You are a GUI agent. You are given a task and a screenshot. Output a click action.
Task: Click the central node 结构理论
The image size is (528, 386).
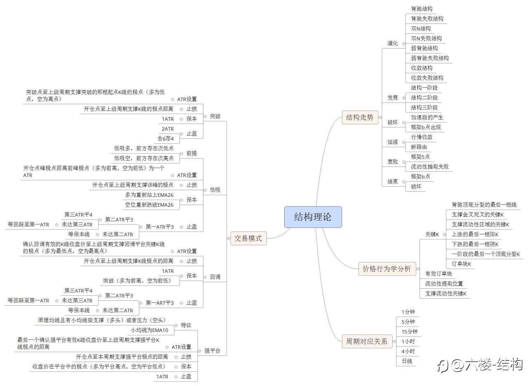[313, 217]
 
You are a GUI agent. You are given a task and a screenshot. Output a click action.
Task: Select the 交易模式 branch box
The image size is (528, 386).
[248, 238]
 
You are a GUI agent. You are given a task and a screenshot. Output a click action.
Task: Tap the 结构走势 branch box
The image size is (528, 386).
[359, 117]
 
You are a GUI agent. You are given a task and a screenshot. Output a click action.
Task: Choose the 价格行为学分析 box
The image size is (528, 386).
[387, 269]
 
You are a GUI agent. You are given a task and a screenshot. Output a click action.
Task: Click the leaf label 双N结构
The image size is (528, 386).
[421, 28]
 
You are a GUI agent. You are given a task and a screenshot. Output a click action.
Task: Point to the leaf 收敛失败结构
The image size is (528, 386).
[427, 78]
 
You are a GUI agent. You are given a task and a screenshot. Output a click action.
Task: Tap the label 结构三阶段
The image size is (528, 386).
[424, 108]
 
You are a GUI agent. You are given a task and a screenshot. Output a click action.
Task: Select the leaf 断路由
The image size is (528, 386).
[419, 147]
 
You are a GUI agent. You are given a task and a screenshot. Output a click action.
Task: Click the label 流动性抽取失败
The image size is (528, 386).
[429, 167]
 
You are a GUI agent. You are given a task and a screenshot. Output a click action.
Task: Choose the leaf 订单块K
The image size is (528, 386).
[461, 264]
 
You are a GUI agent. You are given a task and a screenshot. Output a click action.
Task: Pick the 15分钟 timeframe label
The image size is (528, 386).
[409, 332]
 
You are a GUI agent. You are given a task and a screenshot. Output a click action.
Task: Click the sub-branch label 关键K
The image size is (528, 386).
[432, 234]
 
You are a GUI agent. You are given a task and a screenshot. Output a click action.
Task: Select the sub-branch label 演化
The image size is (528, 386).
[393, 43]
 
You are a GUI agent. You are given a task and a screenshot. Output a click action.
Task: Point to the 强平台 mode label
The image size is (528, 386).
[212, 351]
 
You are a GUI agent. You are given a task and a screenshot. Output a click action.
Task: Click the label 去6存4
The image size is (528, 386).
[165, 138]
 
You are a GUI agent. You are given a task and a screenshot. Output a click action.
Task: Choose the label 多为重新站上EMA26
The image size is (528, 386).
[149, 195]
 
